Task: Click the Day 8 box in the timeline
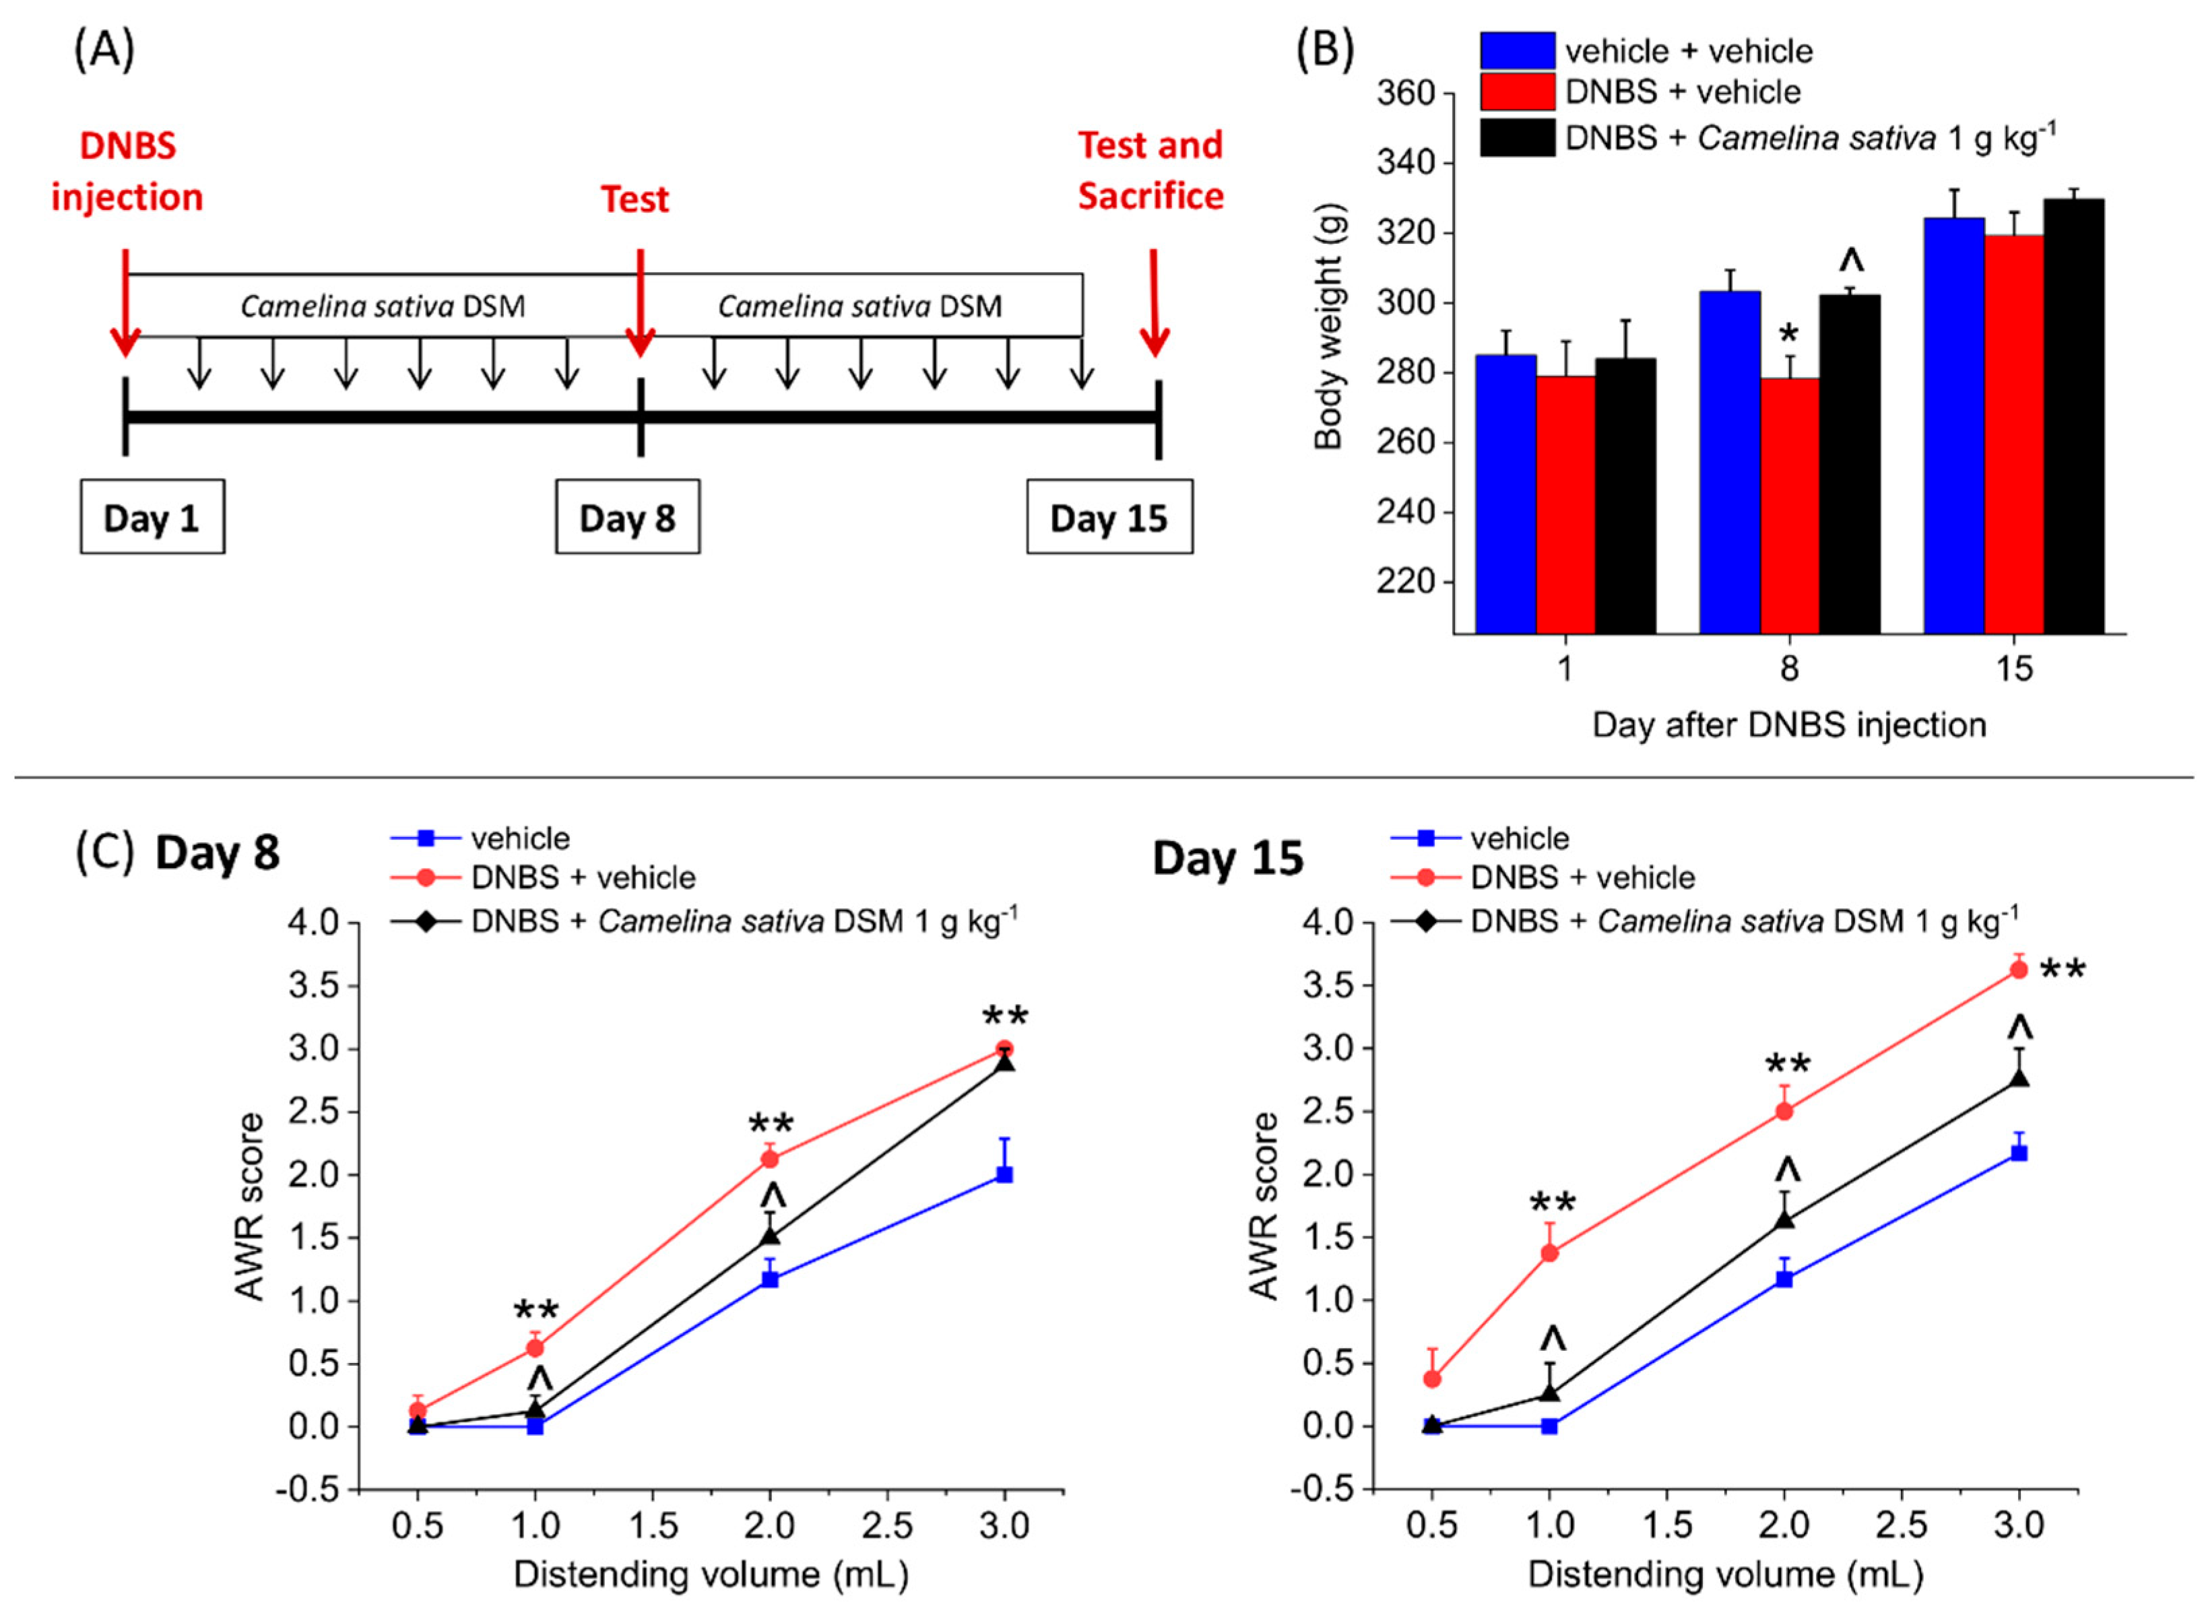pos(627,517)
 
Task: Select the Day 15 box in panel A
pos(1109,517)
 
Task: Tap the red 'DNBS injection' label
pos(127,171)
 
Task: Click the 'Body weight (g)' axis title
pos(1328,327)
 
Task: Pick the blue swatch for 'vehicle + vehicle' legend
pos(1517,51)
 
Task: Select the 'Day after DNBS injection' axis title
pos(1788,725)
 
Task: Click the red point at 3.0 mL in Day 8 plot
pos(1005,1049)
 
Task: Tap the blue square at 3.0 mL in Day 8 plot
pos(1005,1174)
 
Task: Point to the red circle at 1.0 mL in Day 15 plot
pos(1550,1253)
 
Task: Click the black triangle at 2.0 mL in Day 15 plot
pos(1784,1220)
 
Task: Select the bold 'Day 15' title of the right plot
pos(1227,859)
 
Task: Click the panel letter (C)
pos(104,851)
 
